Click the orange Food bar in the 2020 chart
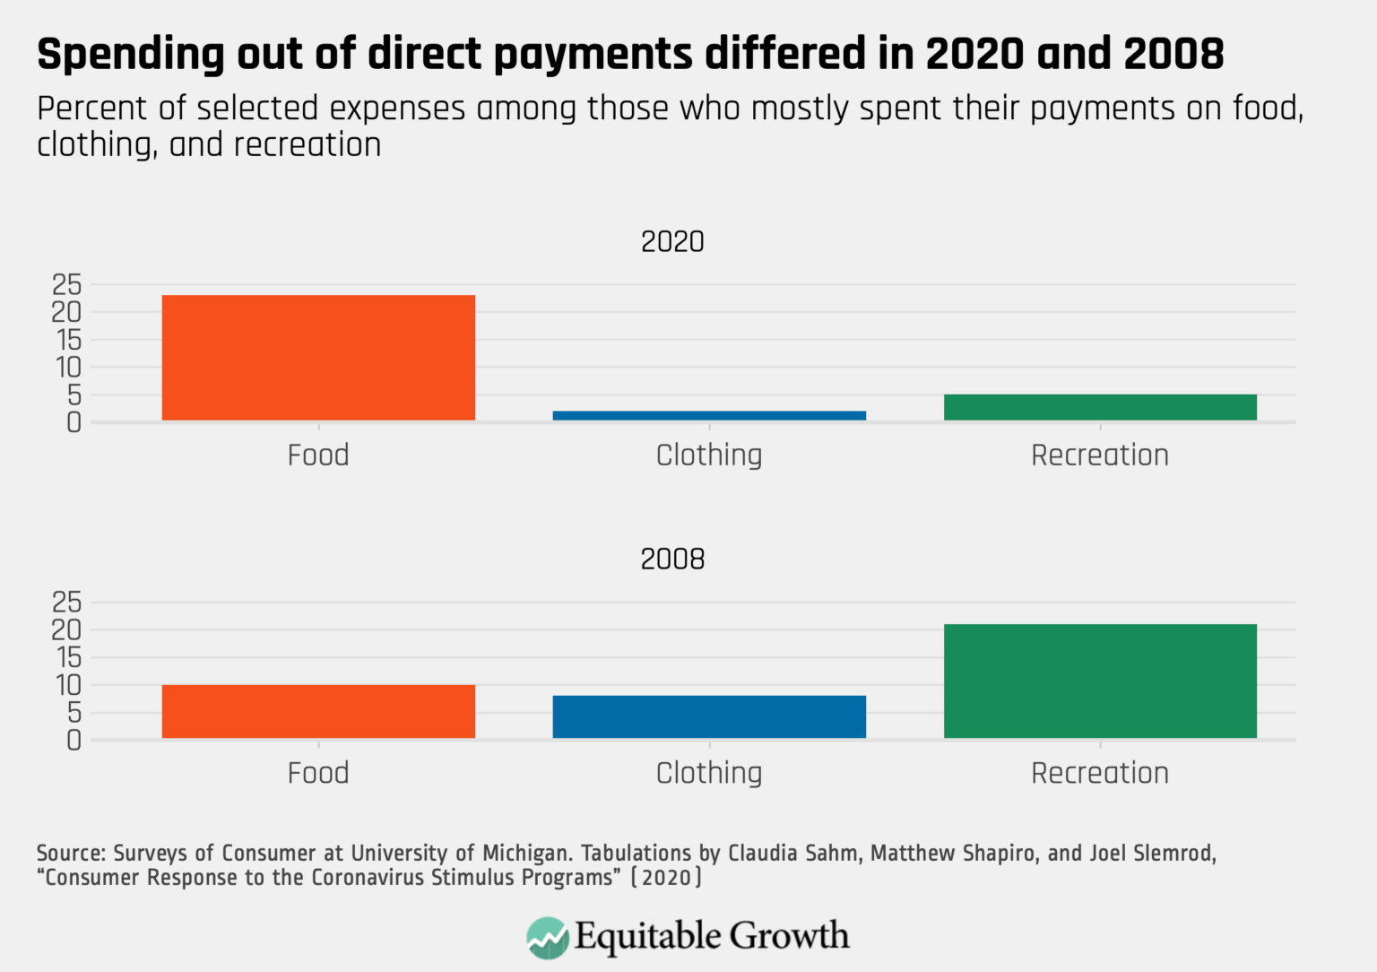point(318,357)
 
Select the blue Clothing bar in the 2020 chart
point(709,415)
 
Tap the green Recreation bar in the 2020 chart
point(1100,407)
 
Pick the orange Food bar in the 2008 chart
point(318,711)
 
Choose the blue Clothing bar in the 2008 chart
point(709,716)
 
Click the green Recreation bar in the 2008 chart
point(1100,681)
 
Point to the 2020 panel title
point(672,241)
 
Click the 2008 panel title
point(672,559)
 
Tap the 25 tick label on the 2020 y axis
point(66,285)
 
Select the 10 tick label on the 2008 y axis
point(66,685)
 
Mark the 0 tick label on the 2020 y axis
point(74,422)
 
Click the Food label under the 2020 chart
point(318,456)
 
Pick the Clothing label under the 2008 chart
point(709,773)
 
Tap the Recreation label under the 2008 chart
point(1100,773)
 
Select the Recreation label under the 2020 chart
point(1100,456)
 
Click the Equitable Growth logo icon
point(548,937)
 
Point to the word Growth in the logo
point(789,936)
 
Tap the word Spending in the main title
point(131,56)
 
